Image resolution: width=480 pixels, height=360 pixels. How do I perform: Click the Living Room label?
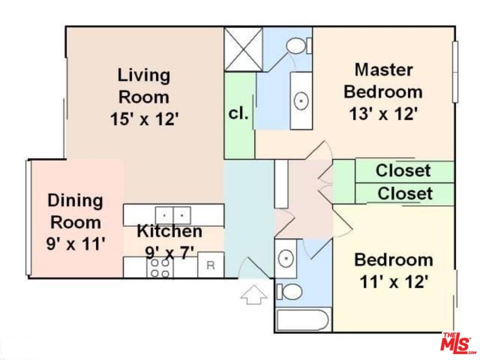[x=144, y=86]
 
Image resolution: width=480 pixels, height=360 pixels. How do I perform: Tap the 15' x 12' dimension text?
[x=144, y=119]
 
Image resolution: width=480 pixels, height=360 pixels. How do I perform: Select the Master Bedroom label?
[x=383, y=80]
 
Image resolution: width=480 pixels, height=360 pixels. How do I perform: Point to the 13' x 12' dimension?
[x=383, y=114]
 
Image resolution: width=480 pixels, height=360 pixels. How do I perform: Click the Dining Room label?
[x=75, y=211]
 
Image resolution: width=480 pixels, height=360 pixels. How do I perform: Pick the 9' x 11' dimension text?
[x=75, y=244]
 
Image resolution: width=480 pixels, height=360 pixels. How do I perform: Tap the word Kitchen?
[x=169, y=231]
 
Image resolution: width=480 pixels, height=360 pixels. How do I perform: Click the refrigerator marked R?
[x=210, y=265]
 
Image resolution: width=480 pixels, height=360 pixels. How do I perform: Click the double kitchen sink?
[x=173, y=215]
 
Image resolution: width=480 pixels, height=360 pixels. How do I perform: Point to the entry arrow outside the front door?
[x=254, y=295]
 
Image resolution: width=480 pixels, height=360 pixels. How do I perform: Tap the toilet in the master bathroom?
[x=299, y=45]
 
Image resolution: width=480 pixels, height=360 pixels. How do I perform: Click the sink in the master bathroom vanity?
[x=301, y=100]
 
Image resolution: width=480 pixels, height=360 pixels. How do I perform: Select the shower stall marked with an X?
[x=243, y=49]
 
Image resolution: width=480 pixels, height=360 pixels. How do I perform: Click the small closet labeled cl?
[x=239, y=115]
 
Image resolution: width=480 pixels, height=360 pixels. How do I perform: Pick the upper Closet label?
[x=403, y=170]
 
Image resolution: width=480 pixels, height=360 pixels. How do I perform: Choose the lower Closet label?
[x=405, y=193]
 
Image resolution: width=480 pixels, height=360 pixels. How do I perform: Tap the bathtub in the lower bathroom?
[x=302, y=320]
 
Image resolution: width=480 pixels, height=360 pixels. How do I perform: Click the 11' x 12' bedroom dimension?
[x=393, y=281]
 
